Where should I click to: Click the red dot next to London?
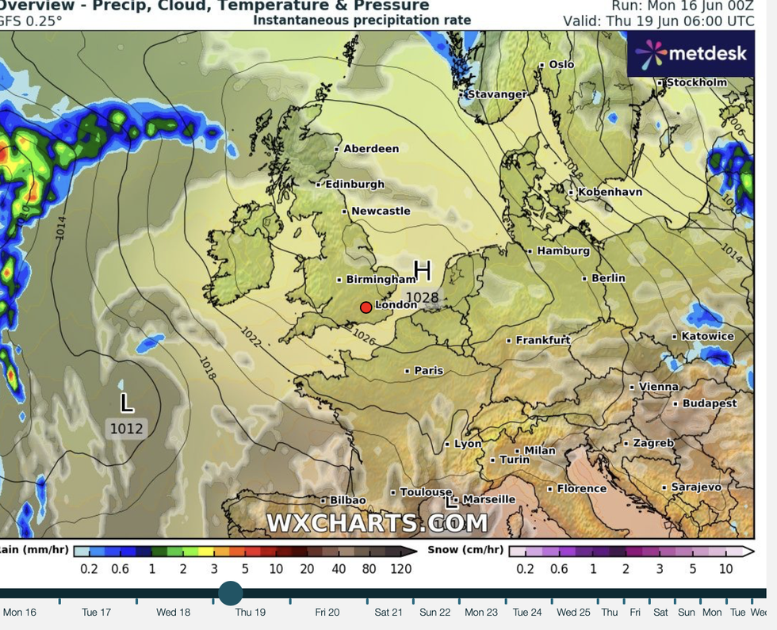(366, 307)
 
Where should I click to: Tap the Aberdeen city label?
(370, 148)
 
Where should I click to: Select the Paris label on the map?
(428, 370)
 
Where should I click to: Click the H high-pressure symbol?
(422, 271)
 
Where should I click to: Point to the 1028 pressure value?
(422, 297)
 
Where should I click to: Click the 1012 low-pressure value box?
(126, 429)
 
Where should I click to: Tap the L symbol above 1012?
(126, 403)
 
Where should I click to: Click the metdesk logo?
(691, 54)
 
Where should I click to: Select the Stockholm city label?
(696, 82)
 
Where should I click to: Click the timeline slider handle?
(231, 593)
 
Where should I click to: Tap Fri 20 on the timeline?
(327, 612)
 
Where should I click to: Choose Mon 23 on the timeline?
(481, 612)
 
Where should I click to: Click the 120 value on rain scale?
(400, 568)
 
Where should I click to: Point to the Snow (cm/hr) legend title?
(465, 550)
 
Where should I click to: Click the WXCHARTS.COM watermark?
(377, 523)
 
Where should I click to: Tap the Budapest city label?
(710, 403)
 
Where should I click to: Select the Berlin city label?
(608, 278)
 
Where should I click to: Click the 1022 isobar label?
(251, 335)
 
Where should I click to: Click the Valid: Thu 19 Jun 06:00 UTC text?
(659, 21)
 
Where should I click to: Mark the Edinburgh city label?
(354, 184)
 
